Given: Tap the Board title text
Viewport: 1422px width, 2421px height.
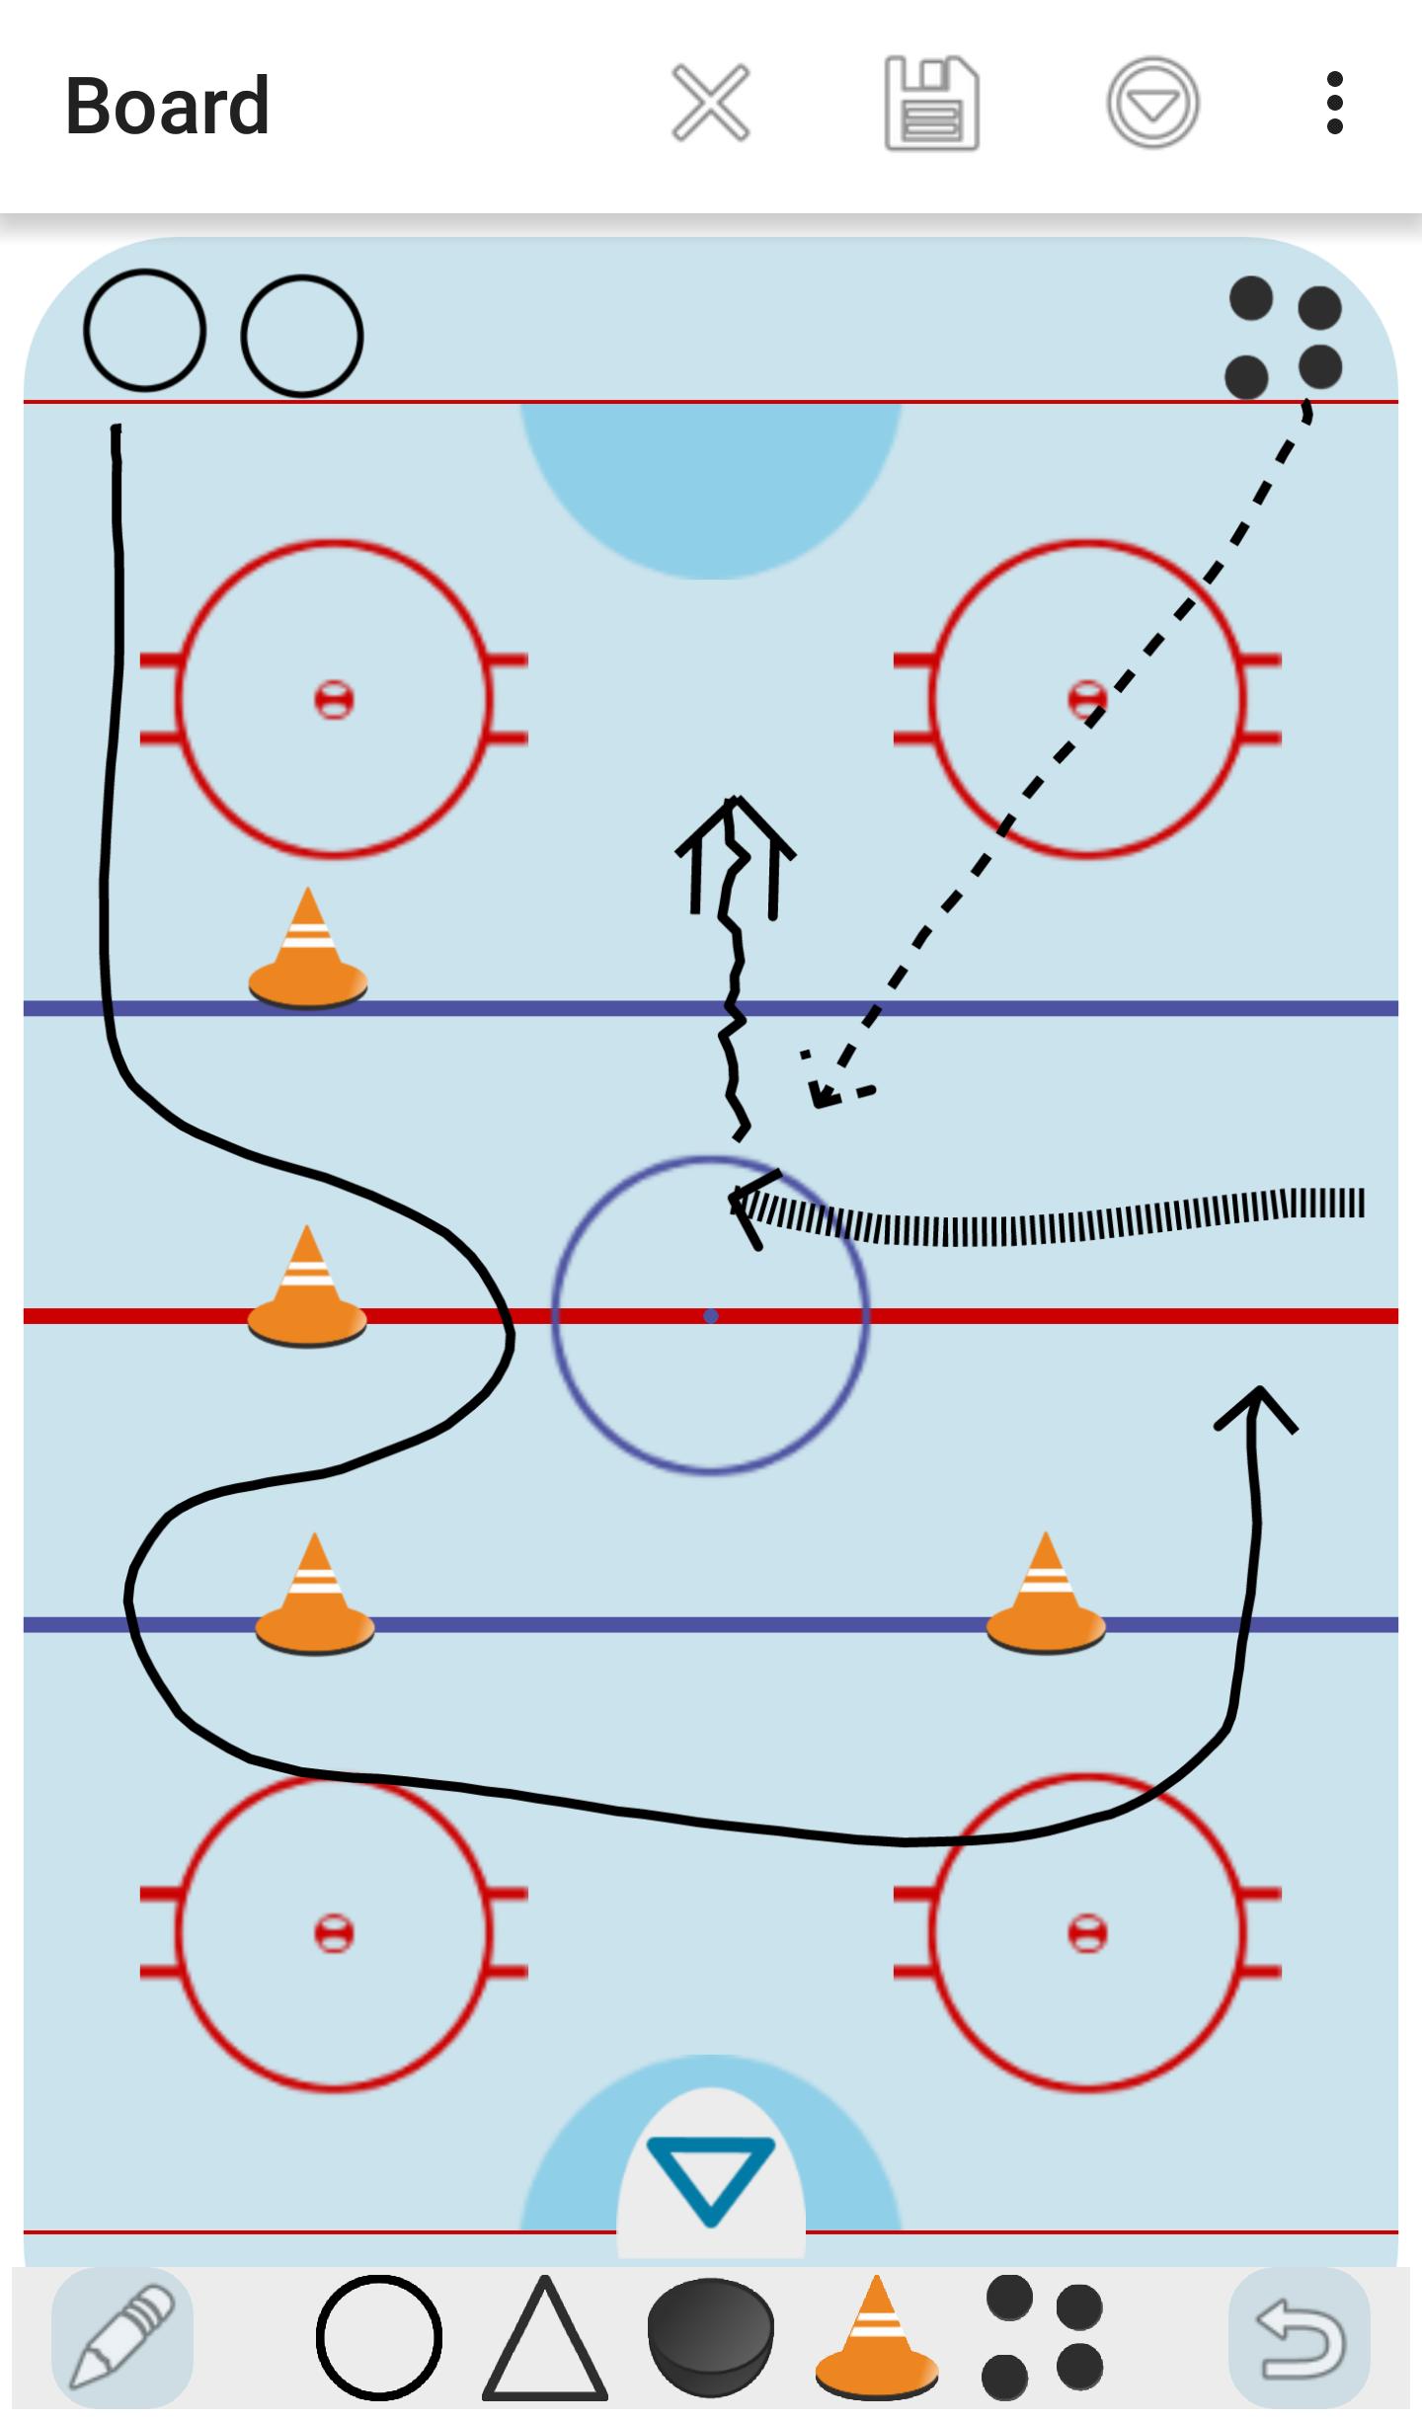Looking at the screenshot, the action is pyautogui.click(x=167, y=106).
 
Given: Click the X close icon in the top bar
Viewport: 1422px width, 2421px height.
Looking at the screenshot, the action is pyautogui.click(x=710, y=103).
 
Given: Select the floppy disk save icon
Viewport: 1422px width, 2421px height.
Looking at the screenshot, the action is pyautogui.click(x=931, y=104).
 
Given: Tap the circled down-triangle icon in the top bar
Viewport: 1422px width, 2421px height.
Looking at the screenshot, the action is pyautogui.click(x=1152, y=103).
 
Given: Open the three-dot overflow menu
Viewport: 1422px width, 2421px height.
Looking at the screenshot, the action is pyautogui.click(x=1335, y=103).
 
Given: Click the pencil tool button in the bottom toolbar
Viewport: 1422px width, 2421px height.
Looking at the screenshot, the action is pyautogui.click(x=122, y=2337).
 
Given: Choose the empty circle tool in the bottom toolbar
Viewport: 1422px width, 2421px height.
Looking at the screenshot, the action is pyautogui.click(x=379, y=2337).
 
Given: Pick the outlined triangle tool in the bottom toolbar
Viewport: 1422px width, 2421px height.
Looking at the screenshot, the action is pyautogui.click(x=544, y=2337).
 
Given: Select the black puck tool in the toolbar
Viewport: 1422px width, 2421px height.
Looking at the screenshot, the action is pyautogui.click(x=710, y=2337).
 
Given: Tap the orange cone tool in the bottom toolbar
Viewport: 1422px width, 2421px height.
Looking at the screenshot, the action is pyautogui.click(x=876, y=2337).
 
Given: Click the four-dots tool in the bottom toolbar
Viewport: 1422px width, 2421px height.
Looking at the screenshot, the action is pyautogui.click(x=1043, y=2337).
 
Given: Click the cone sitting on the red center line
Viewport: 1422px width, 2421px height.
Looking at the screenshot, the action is pyautogui.click(x=307, y=1286).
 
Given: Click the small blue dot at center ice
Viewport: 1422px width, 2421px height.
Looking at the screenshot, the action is pyautogui.click(x=711, y=1316).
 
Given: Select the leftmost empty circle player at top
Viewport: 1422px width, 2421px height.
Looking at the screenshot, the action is pyautogui.click(x=145, y=331).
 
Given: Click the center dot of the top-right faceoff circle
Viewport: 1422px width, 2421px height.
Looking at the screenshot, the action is pyautogui.click(x=1087, y=700).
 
